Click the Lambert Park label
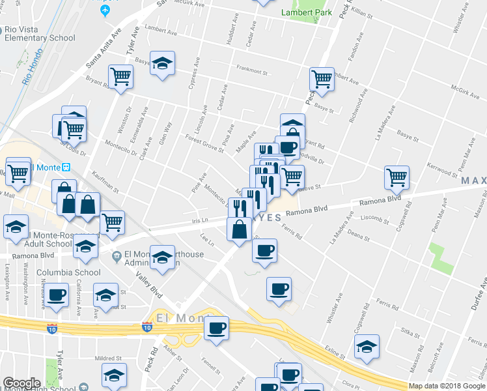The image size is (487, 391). coord(306,12)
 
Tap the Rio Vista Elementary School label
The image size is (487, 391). coord(39,33)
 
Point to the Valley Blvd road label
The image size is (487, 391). coord(149,285)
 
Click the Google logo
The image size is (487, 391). coord(21,383)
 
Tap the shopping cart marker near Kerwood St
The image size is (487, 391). coord(397,177)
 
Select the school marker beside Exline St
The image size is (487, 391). coord(367,346)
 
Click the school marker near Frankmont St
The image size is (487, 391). coord(162,63)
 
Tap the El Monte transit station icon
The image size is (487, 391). coord(65,166)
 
